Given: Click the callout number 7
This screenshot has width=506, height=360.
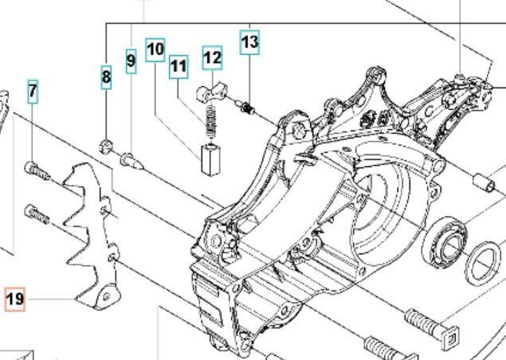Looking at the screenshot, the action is [x=33, y=92].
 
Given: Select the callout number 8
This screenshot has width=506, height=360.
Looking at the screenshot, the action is [x=106, y=77].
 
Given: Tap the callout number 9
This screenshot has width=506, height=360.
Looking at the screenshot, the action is [x=131, y=61].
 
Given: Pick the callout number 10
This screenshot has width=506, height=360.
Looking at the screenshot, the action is [x=155, y=50].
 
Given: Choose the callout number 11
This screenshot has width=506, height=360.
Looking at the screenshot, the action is [x=178, y=67].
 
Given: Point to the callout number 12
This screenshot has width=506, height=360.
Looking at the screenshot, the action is [x=212, y=57].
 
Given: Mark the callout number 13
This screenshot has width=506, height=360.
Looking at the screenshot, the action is [x=249, y=42].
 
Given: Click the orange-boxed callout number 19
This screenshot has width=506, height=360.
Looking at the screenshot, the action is [x=15, y=299].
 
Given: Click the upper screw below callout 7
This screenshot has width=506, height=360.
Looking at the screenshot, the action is [x=37, y=170].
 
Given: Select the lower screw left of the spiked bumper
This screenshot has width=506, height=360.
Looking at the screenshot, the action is [x=37, y=214].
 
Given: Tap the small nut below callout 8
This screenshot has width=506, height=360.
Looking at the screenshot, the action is [x=105, y=147].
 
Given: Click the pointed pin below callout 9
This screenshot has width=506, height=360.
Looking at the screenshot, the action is [x=131, y=161].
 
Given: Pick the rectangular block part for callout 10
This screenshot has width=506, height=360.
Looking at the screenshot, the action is [x=210, y=160].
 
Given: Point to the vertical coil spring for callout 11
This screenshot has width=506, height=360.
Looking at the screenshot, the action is [x=211, y=121].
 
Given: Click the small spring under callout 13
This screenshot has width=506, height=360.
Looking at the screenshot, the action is [x=246, y=108].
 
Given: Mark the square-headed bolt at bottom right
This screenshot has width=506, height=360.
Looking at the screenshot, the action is [x=432, y=326].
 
